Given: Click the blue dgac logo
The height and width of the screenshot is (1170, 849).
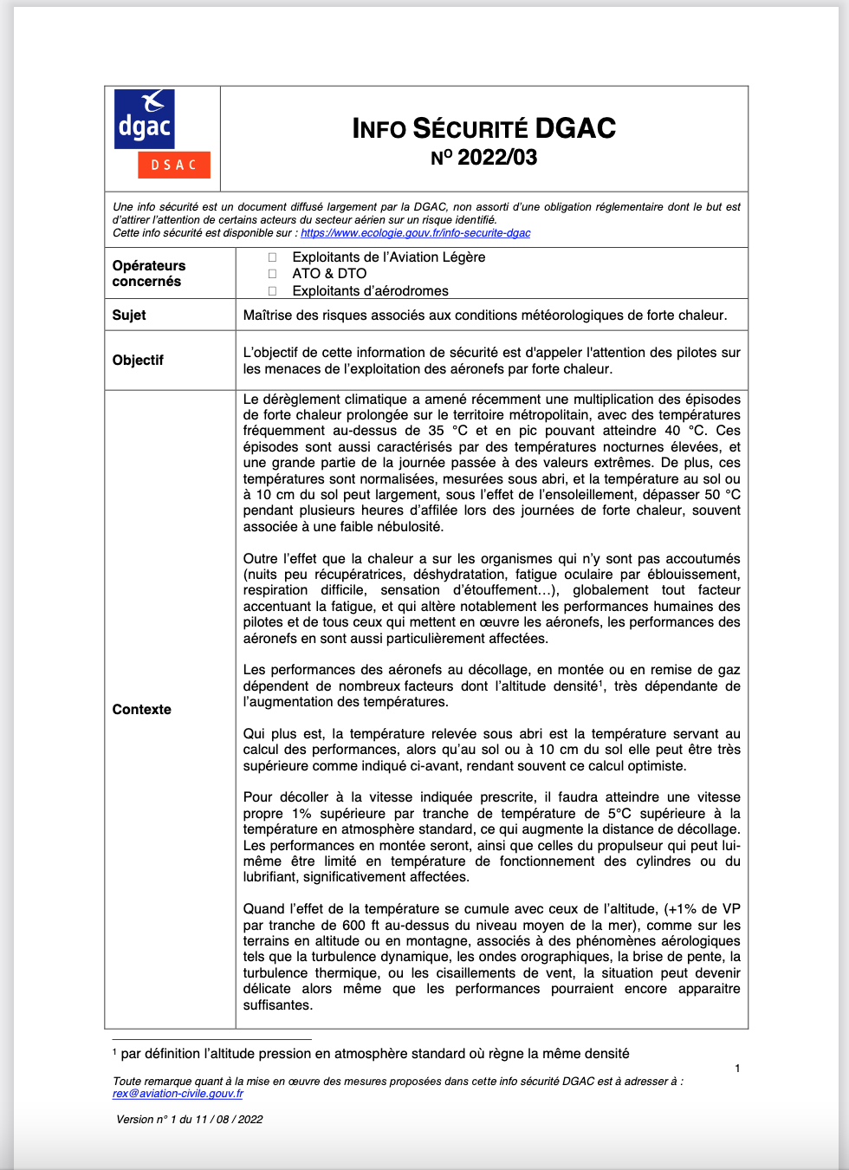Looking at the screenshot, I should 145,119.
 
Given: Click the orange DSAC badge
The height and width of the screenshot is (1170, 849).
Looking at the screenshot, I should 174,165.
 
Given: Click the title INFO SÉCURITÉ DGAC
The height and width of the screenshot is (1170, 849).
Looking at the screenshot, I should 483,128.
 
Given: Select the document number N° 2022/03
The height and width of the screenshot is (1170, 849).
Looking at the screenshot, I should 483,158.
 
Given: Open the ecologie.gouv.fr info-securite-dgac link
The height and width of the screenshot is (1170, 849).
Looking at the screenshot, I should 415,233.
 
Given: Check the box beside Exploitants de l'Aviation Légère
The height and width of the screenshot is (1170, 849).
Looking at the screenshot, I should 272,257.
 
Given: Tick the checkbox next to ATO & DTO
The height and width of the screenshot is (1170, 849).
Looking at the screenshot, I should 272,274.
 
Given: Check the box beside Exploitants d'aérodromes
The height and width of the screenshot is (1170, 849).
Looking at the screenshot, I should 272,291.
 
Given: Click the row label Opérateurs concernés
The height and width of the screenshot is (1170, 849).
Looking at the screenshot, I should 148,273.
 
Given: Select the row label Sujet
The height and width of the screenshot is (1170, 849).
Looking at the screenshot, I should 129,315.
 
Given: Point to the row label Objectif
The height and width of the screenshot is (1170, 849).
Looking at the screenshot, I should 138,360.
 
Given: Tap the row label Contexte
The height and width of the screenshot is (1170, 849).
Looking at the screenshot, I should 142,709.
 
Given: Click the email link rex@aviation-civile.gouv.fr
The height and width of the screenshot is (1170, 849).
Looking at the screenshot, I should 178,1094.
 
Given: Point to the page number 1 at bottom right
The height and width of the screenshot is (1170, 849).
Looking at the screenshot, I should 737,1069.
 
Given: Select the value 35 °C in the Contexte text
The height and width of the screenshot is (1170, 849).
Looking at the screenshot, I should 448,431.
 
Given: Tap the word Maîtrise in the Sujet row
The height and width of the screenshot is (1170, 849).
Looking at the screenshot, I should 269,315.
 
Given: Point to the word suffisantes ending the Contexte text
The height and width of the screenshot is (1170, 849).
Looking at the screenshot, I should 277,1004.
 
